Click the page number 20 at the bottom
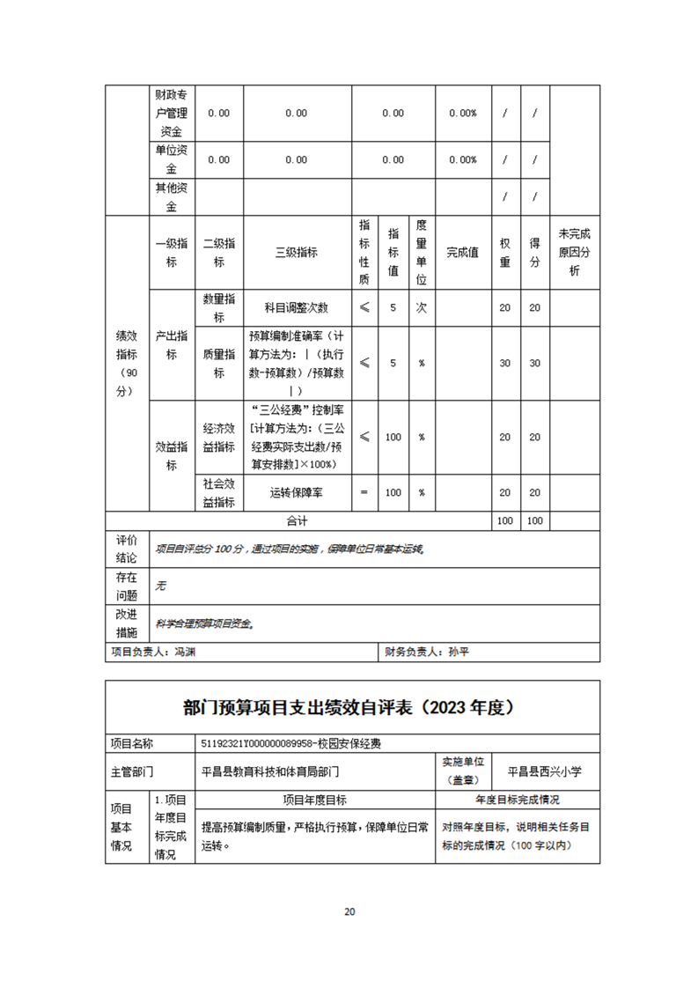[349, 911]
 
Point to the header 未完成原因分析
[574, 252]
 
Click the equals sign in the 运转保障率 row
[364, 493]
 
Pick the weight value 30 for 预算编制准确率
[504, 363]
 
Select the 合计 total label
[297, 521]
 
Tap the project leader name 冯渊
[184, 653]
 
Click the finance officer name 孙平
[459, 653]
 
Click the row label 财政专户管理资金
[171, 113]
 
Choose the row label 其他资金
[171, 197]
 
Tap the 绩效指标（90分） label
[127, 363]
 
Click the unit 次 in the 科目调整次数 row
[422, 307]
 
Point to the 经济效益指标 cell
[219, 437]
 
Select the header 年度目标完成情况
[518, 800]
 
